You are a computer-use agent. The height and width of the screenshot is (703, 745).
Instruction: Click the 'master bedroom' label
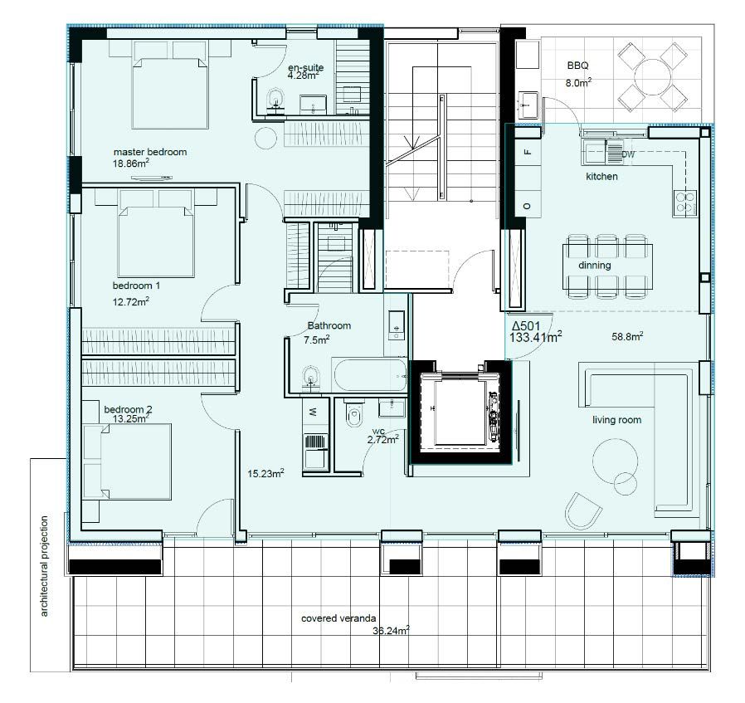click(x=150, y=153)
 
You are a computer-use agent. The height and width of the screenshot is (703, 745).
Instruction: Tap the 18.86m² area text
click(x=131, y=164)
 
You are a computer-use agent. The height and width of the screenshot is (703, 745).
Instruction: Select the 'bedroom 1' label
click(x=136, y=285)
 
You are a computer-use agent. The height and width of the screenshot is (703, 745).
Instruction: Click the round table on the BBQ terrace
click(x=650, y=76)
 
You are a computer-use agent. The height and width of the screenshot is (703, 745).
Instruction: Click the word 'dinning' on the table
click(x=595, y=266)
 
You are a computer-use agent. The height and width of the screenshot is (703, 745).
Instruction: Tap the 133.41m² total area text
click(x=537, y=337)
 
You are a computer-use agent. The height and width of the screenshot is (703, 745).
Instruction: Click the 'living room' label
click(x=616, y=420)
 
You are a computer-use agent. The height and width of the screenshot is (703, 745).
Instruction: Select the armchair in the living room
click(x=583, y=510)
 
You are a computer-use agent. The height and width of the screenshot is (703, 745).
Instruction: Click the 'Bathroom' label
click(x=329, y=326)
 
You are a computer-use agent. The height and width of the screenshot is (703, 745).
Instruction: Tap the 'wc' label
click(x=377, y=431)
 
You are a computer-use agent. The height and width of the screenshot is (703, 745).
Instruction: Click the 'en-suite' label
click(x=305, y=67)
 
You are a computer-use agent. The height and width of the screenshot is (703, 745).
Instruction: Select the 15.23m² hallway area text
click(x=266, y=474)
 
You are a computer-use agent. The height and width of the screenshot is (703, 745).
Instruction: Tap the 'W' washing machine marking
click(x=312, y=411)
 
